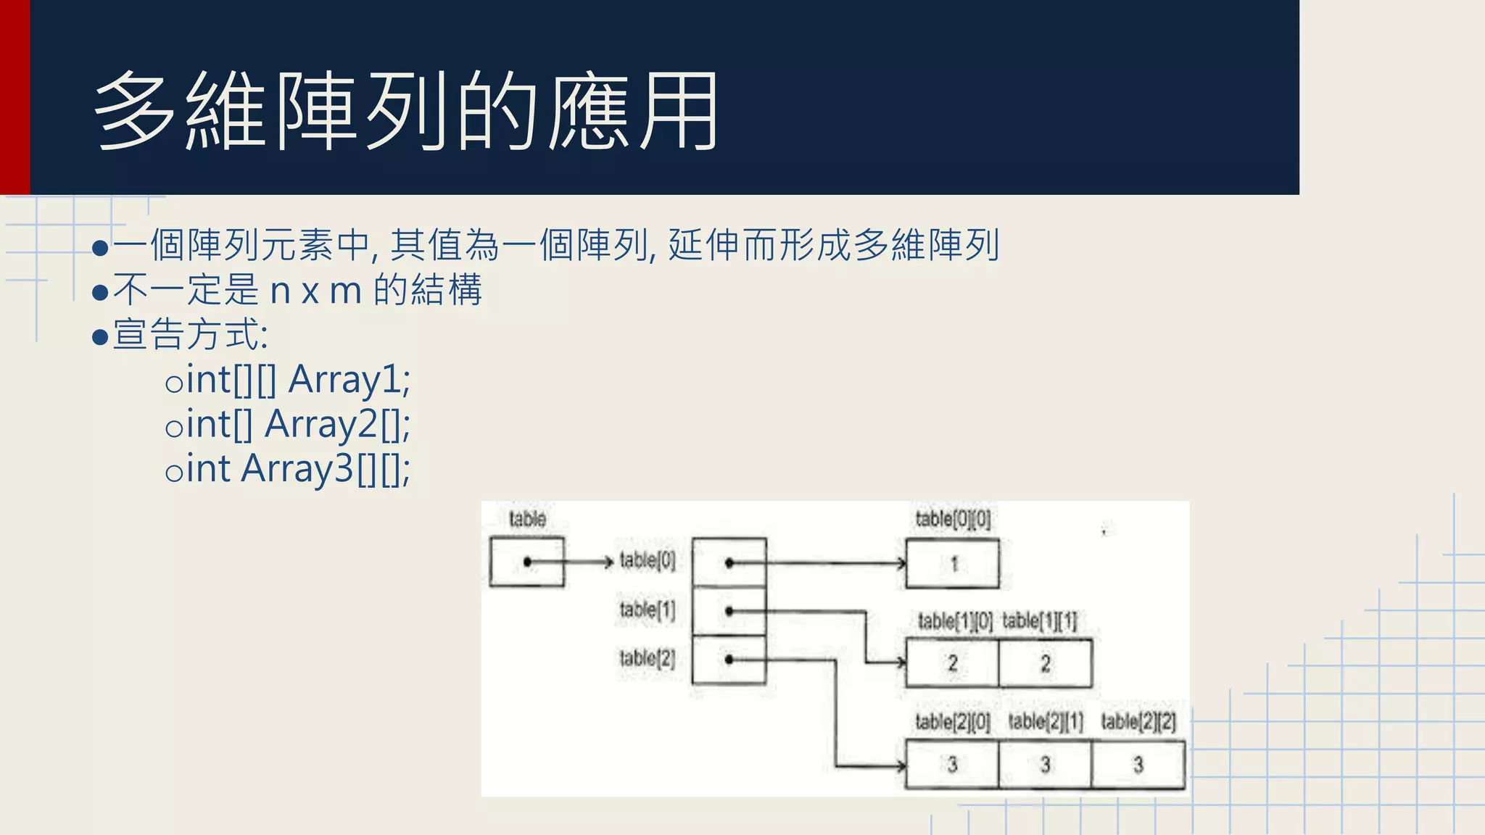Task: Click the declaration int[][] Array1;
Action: point(297,380)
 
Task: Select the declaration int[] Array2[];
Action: point(297,424)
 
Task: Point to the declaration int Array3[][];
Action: point(297,469)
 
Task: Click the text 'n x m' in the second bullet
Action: point(315,291)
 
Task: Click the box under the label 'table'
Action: point(526,561)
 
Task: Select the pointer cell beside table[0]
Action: point(729,562)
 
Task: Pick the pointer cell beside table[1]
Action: point(729,611)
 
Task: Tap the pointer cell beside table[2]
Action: point(729,660)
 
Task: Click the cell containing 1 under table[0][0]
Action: point(953,563)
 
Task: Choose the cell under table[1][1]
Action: point(1045,662)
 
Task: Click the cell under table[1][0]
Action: point(953,662)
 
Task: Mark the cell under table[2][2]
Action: point(1138,764)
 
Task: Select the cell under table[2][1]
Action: point(1045,764)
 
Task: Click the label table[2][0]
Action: point(952,722)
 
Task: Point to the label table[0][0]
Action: point(952,519)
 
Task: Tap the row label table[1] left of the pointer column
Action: point(647,610)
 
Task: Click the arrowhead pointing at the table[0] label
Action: point(610,562)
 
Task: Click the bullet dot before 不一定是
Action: point(101,293)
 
